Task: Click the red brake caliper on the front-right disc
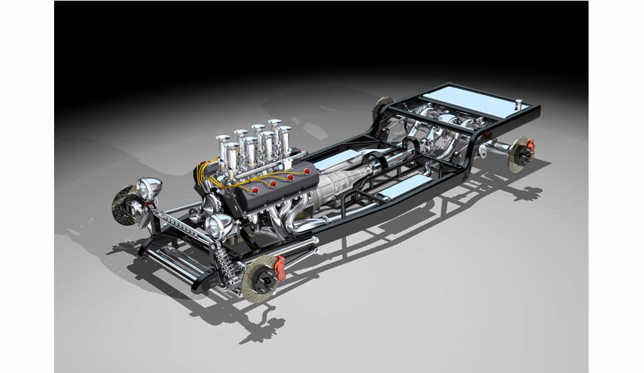coord(279,267)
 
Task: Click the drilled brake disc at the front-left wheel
coord(125,205)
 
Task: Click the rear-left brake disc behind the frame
coord(383,108)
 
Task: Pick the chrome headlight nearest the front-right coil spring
coord(220,226)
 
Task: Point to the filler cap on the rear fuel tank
coord(518,103)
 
